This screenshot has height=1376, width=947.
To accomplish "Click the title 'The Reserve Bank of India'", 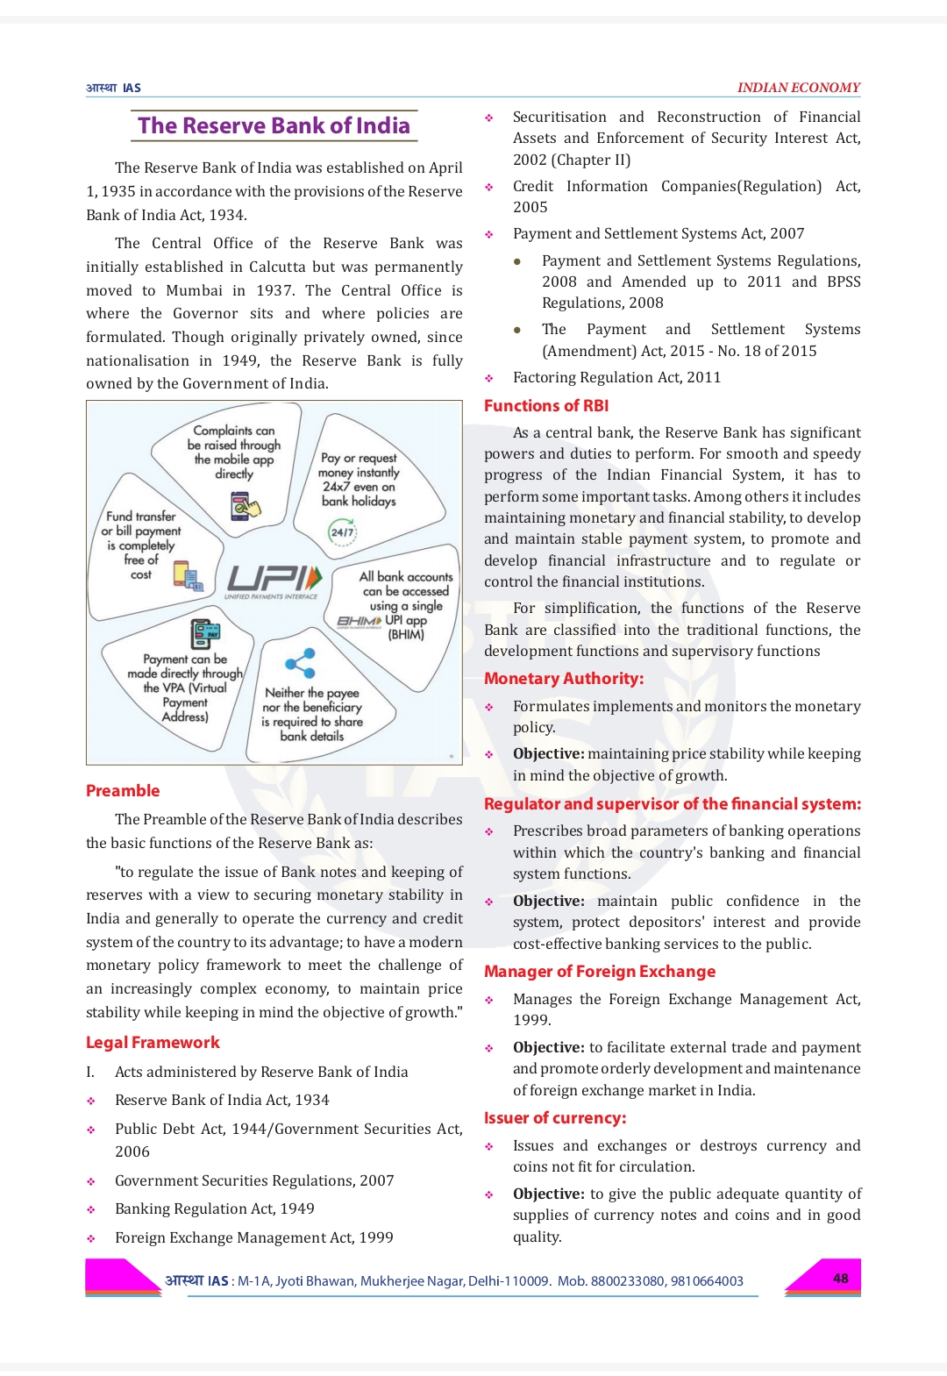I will [274, 125].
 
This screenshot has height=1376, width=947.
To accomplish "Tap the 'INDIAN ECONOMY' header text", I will [798, 88].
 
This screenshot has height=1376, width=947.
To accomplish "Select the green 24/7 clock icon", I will [342, 531].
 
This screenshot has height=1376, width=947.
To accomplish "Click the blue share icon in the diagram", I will [300, 663].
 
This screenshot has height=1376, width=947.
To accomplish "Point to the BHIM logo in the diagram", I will [359, 621].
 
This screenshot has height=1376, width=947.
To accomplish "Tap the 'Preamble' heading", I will [123, 790].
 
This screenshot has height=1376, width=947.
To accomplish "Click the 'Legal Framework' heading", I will [153, 1042].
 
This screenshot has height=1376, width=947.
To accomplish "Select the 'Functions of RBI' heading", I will [546, 405].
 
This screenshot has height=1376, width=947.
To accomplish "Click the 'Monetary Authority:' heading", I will [564, 678].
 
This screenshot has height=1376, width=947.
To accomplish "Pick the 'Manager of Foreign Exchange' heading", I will [600, 971].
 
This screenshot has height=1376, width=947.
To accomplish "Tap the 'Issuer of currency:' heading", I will [555, 1117].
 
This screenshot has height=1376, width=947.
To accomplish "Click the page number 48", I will [840, 1278].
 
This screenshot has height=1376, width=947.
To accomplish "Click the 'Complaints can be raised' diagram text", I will [234, 452].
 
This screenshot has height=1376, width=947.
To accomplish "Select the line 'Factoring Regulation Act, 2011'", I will [616, 377].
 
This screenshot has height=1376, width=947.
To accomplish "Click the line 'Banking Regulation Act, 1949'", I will [214, 1208].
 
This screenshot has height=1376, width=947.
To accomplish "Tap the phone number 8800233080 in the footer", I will [627, 1281].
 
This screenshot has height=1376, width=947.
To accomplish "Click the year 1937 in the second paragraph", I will [274, 290].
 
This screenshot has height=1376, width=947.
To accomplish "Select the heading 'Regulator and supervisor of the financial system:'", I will [673, 803].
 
